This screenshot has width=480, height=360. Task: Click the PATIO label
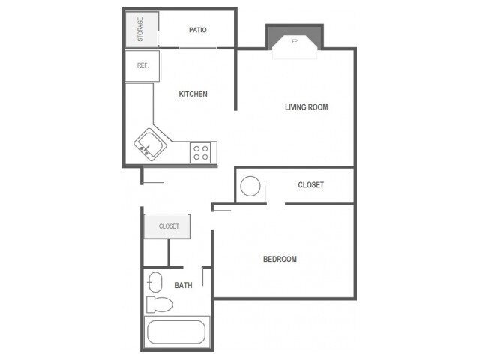[198, 30]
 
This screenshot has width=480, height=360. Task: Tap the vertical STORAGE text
[139, 30]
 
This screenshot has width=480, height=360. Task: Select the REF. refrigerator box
[142, 65]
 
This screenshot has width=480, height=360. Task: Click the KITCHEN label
[193, 94]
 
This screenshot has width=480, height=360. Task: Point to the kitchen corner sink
[149, 143]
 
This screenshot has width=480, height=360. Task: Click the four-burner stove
[201, 152]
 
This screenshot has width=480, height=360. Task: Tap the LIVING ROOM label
[306, 107]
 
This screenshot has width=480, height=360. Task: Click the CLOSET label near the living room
[310, 185]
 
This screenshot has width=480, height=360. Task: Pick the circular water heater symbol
[250, 186]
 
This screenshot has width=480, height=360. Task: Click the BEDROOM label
[280, 259]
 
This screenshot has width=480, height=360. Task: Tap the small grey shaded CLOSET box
[167, 226]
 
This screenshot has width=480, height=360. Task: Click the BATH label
[183, 285]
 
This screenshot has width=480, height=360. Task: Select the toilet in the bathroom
[158, 304]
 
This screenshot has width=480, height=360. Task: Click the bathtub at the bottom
[176, 331]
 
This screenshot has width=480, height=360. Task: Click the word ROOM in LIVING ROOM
[317, 107]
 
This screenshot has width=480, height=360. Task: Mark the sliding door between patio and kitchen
[199, 49]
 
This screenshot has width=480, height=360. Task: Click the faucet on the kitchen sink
[143, 149]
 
